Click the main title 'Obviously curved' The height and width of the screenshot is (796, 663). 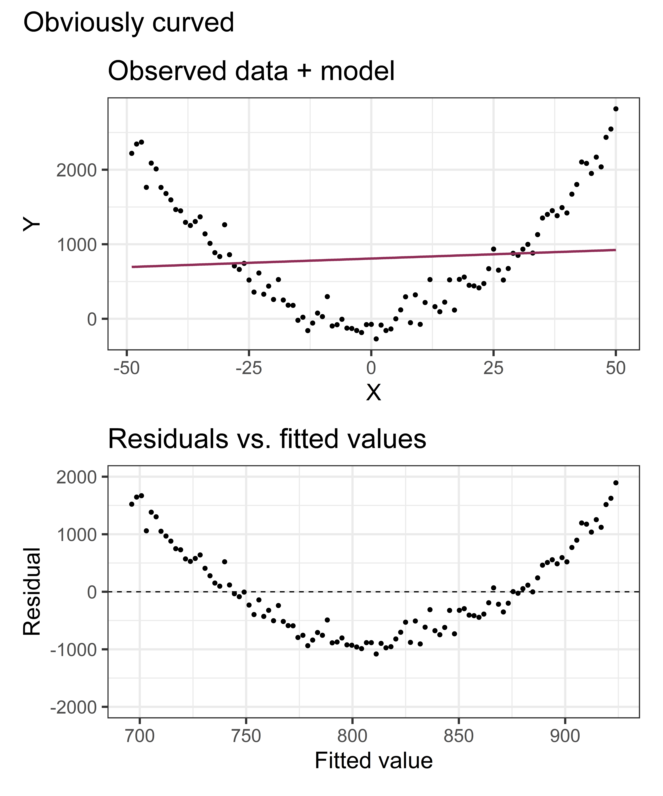point(129,23)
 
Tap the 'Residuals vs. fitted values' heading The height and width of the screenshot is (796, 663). point(267,439)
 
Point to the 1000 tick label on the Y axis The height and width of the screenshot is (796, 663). point(77,245)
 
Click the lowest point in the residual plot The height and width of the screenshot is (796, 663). point(376,654)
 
